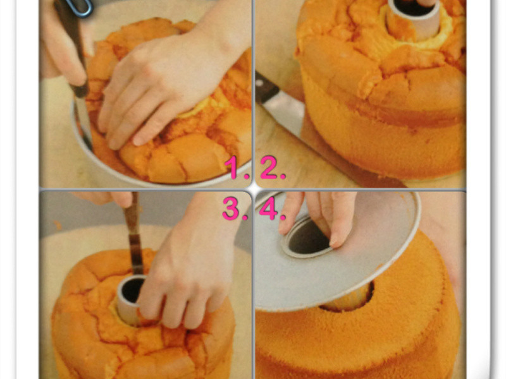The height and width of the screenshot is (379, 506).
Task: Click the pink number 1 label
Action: pos(237,167)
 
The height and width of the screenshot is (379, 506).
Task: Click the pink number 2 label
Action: pos(273,167)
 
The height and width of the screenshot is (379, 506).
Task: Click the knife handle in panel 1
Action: pos(73,45)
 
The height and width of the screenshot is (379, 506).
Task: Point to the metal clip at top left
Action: pos(79,7)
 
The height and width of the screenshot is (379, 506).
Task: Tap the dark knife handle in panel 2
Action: pos(266,88)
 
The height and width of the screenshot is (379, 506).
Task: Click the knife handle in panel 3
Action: pos(132,214)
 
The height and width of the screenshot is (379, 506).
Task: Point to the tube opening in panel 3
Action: pos(132,290)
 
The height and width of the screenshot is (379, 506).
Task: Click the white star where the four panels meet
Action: pos(254,189)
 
